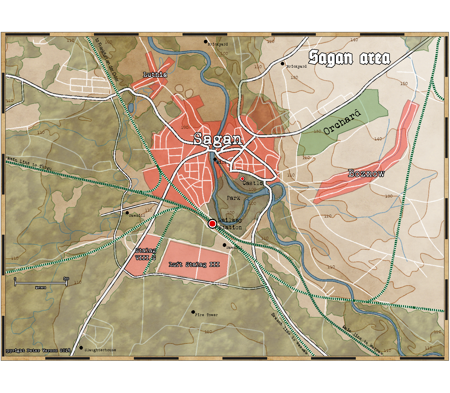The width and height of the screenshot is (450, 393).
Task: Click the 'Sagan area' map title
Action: tap(349, 58)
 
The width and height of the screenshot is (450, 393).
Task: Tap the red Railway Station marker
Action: tap(212, 224)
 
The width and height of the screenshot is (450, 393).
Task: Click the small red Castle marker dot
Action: tap(242, 179)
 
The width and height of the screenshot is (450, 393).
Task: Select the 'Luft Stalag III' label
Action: tap(194, 264)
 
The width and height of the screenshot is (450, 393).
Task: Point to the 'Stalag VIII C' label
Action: tap(145, 254)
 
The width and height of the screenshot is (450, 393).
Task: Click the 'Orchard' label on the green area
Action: tap(342, 123)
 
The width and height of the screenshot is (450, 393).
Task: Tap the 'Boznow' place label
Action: tap(366, 173)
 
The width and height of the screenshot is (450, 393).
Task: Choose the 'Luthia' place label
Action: tap(155, 75)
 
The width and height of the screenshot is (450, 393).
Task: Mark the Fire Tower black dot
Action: tap(193, 312)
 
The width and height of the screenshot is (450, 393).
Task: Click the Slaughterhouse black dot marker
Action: tap(81, 348)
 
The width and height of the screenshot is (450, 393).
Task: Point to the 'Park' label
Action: tap(233, 198)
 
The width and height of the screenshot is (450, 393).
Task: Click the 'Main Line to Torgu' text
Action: tap(30, 163)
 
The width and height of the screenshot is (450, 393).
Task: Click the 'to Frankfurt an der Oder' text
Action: tap(107, 60)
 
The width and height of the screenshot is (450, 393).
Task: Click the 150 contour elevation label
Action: tap(404, 84)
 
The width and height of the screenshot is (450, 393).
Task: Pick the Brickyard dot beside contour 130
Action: tap(282, 64)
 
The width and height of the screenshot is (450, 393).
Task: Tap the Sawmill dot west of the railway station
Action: tap(127, 213)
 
